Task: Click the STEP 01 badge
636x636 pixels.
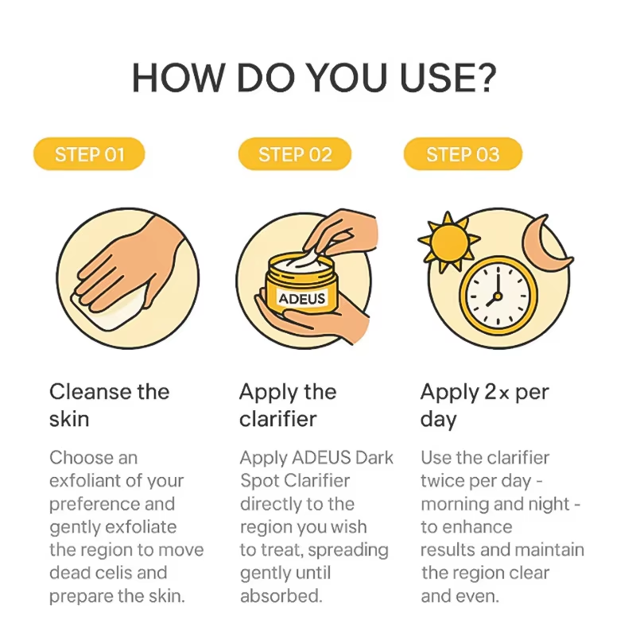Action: pyautogui.click(x=89, y=154)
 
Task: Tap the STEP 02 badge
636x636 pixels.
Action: pyautogui.click(x=295, y=154)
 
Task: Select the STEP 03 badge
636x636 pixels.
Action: pyautogui.click(x=463, y=154)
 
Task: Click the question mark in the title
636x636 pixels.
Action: pyautogui.click(x=485, y=77)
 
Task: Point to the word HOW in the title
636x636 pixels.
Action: pyautogui.click(x=178, y=77)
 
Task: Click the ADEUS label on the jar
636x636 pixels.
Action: pyautogui.click(x=302, y=298)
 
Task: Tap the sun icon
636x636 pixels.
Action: pyautogui.click(x=448, y=242)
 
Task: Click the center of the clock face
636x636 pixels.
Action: pyautogui.click(x=498, y=296)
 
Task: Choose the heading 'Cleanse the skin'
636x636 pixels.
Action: pyautogui.click(x=110, y=405)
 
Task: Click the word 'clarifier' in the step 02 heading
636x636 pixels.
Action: pyautogui.click(x=277, y=419)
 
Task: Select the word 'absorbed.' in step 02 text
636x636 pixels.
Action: pyautogui.click(x=281, y=595)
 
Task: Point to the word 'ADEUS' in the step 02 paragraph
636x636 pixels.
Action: pyautogui.click(x=321, y=458)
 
